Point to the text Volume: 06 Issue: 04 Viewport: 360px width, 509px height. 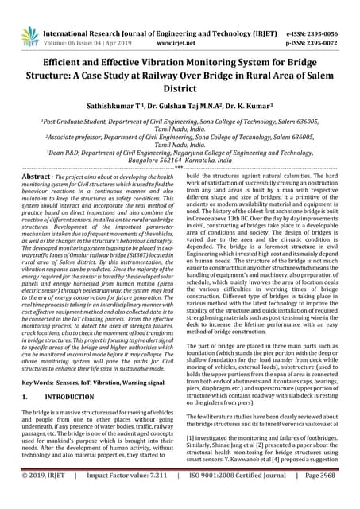[x=82, y=23]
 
